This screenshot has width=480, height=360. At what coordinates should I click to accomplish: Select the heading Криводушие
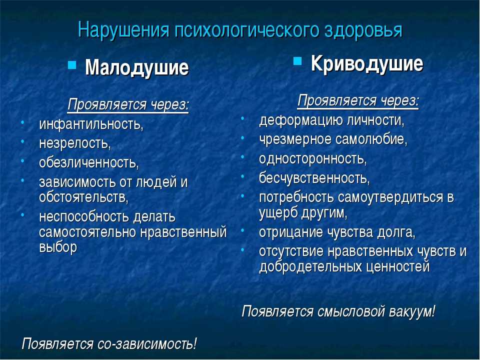[367, 64]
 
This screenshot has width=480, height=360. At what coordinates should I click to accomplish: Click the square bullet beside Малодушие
[72, 64]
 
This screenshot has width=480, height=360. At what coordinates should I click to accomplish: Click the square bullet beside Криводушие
[297, 60]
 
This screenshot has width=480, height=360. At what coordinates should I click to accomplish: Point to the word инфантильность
[91, 124]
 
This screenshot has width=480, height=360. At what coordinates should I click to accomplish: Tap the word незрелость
[74, 143]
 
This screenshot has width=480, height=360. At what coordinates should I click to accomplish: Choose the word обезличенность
[88, 162]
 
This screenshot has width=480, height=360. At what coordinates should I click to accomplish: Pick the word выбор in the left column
[58, 246]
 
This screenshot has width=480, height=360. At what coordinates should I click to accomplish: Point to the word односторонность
[312, 158]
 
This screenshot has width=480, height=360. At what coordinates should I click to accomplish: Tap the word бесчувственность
[314, 178]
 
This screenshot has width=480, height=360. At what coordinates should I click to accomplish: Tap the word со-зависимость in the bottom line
[147, 343]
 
